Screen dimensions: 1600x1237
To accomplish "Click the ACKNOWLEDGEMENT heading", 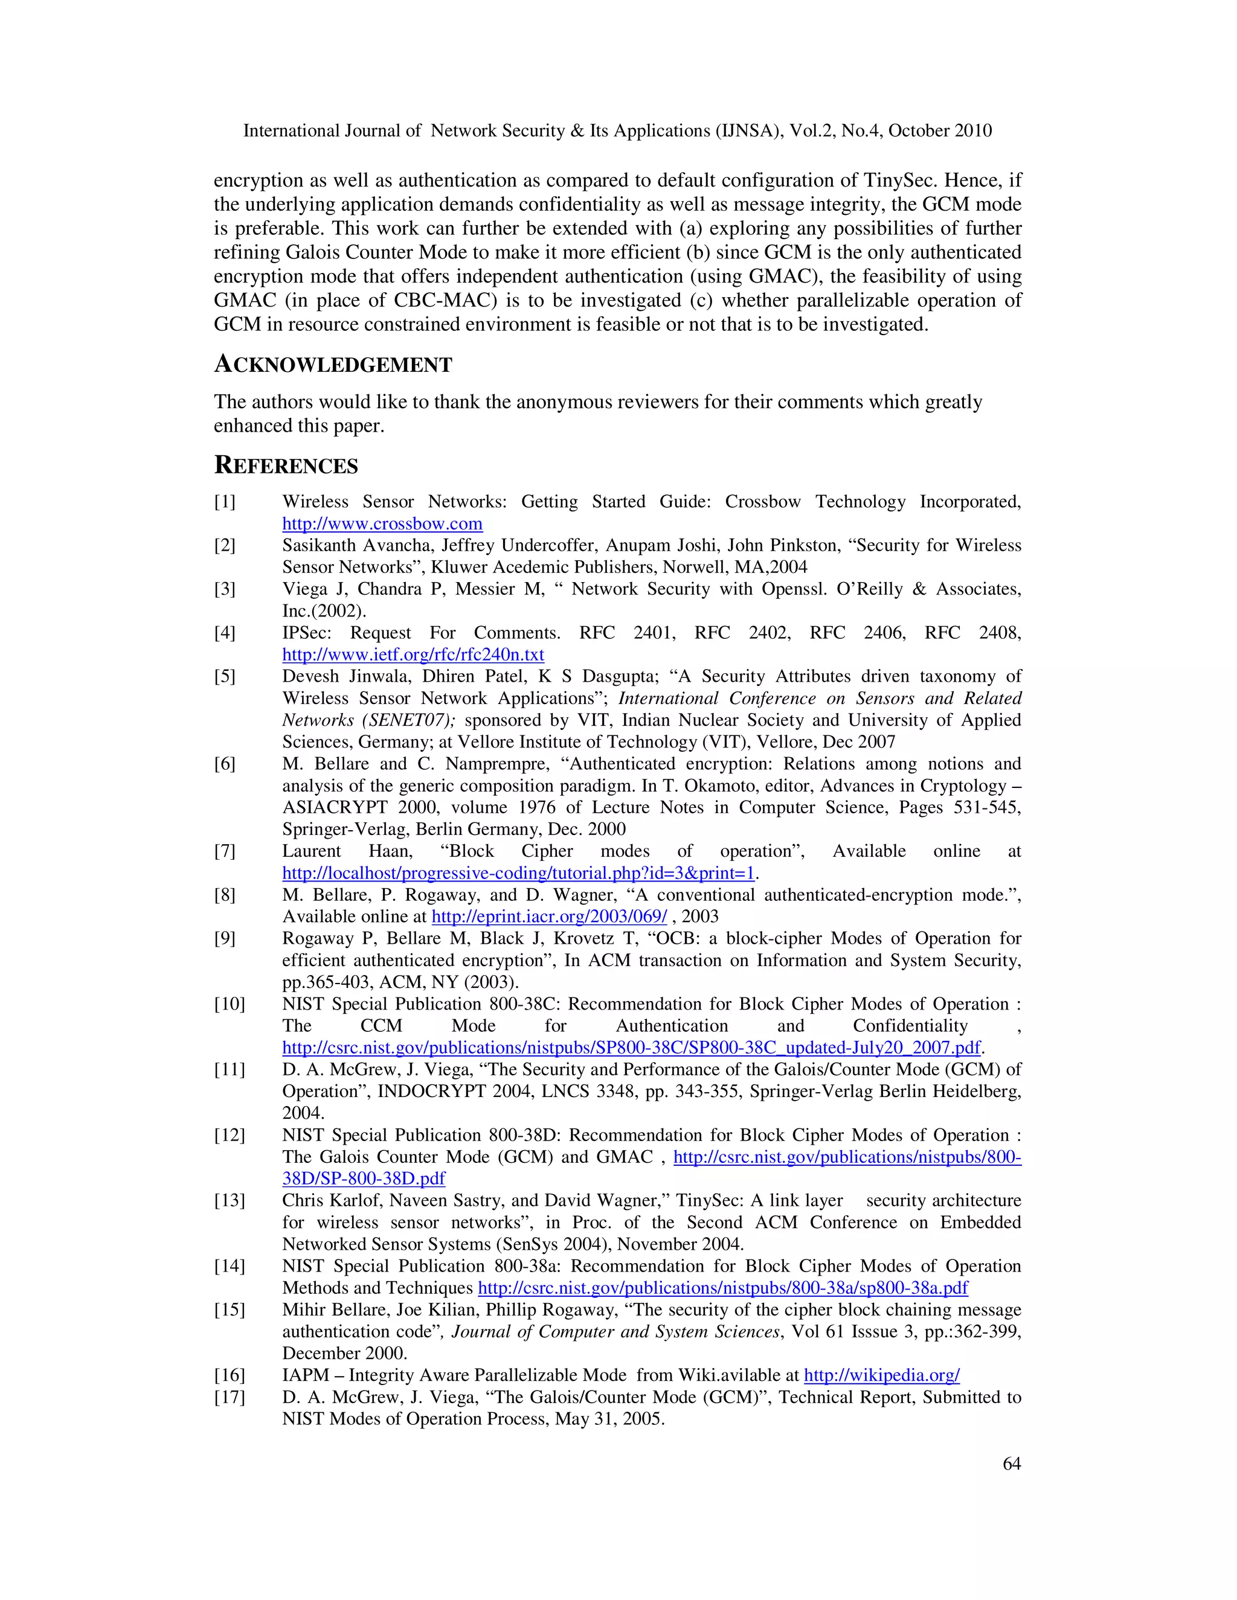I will coord(333,364).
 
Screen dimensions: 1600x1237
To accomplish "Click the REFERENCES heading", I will coord(286,465).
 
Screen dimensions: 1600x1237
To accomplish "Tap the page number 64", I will coord(1011,1463).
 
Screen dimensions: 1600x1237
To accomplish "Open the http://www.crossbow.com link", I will coord(382,524).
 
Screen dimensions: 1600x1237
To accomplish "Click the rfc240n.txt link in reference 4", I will coord(413,654).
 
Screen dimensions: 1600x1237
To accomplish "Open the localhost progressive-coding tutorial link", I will coord(518,873).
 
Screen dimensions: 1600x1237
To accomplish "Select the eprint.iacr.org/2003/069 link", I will coord(549,917).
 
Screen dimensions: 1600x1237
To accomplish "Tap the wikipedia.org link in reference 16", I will coord(882,1375).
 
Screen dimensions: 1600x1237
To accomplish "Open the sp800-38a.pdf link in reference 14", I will coord(722,1288).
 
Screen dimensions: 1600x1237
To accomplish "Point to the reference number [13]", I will coord(230,1201).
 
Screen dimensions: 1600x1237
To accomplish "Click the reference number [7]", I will coord(225,851).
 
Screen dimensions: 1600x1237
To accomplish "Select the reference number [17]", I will coord(230,1397).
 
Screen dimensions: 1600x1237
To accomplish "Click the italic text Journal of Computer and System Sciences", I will coord(615,1332).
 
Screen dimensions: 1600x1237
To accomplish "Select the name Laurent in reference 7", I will coord(312,851).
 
